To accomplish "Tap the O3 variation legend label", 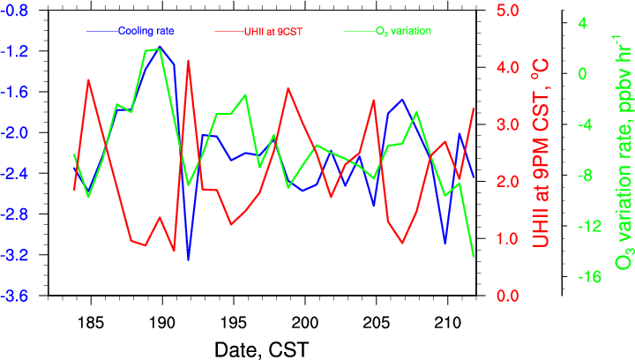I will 400,31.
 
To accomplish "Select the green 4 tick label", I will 583,23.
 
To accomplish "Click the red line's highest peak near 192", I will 188,61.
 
